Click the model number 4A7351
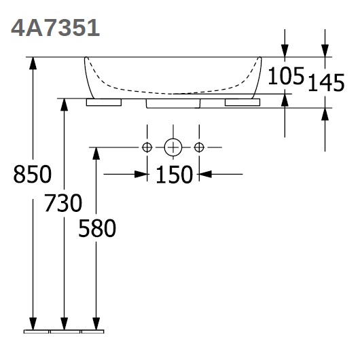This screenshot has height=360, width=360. click(x=55, y=28)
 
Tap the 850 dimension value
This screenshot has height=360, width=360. click(x=33, y=174)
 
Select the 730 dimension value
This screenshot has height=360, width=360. click(x=63, y=203)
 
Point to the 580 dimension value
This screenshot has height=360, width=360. click(x=97, y=228)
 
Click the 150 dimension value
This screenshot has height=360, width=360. click(x=174, y=175)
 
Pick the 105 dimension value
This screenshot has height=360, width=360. click(x=286, y=75)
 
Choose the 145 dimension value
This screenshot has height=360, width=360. click(x=326, y=82)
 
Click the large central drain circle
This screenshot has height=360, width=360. click(x=173, y=147)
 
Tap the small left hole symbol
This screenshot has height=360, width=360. click(x=147, y=147)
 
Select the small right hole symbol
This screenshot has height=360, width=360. click(x=199, y=147)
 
